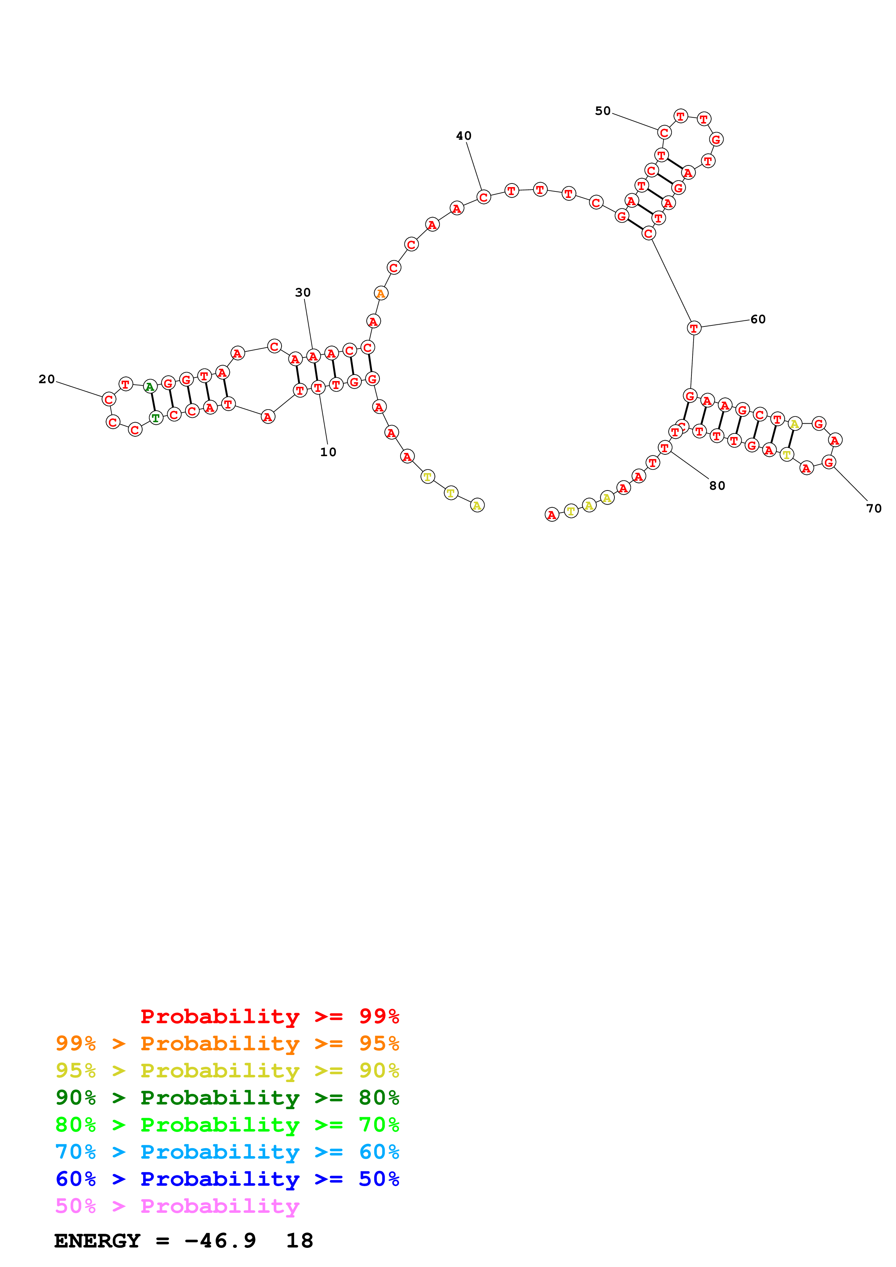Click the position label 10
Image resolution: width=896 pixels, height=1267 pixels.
(328, 452)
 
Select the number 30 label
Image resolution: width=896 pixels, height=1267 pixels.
(303, 293)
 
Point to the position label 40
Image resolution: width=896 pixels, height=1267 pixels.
(464, 136)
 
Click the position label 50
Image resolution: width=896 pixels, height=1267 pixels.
(603, 111)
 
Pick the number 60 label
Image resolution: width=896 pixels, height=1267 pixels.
(758, 319)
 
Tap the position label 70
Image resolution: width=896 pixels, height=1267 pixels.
(874, 508)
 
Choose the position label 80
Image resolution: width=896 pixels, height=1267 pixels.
(717, 486)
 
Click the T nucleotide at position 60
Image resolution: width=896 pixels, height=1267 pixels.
(694, 328)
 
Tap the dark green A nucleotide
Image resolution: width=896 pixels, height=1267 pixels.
(150, 386)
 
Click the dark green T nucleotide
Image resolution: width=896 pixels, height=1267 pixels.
(156, 418)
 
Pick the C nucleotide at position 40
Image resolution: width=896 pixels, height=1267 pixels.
(484, 197)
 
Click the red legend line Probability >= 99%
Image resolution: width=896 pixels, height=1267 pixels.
(270, 1016)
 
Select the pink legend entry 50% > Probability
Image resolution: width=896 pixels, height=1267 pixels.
(177, 1206)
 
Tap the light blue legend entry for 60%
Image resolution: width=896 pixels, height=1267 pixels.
(227, 1152)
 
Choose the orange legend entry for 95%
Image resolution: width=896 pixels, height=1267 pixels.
(227, 1043)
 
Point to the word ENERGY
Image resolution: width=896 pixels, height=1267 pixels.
(97, 1241)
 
